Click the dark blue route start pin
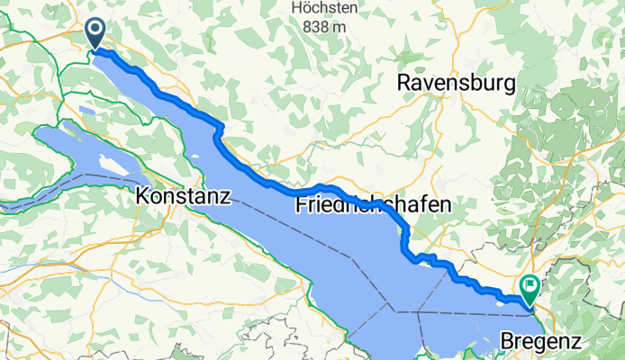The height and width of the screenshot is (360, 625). coord(95,34)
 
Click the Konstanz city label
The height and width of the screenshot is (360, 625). coord(184,195)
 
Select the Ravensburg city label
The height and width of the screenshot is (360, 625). coord(457,84)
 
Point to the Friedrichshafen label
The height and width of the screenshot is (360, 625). coord(373,206)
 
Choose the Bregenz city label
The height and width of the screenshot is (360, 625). coord(541,342)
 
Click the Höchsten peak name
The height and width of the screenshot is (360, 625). coord(325,9)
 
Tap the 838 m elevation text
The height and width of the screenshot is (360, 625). coord(325,27)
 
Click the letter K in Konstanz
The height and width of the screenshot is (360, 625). coord(143,195)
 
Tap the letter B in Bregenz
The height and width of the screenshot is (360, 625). coord(506,342)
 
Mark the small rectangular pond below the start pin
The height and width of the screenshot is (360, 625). coord(86,110)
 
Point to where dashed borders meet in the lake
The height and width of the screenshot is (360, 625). coord(394,311)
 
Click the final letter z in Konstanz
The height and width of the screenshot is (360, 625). coord(226,195)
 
